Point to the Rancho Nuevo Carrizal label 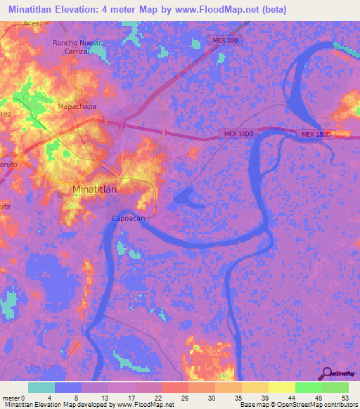tap(78, 47)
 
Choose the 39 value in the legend tap(261, 397)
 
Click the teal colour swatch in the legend tap(41, 387)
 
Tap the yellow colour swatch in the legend tap(282, 387)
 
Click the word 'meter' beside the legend tap(12, 397)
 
